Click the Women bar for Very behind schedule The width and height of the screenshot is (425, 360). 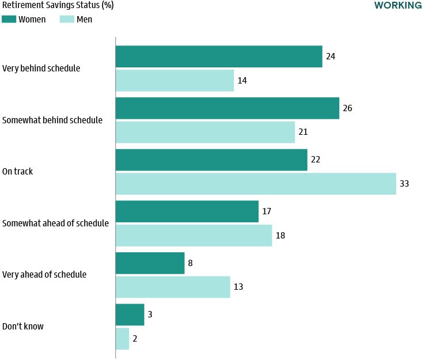coord(219,56)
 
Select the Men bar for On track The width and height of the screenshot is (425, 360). coord(256,184)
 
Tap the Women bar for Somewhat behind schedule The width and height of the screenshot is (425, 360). coord(227,108)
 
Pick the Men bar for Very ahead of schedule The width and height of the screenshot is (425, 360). coord(173,287)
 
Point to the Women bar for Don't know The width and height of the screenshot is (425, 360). coord(130,315)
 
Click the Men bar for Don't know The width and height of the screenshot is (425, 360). coord(123,339)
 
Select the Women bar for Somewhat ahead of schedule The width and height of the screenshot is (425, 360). coord(187,211)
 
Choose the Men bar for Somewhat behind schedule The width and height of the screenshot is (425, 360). coord(205,132)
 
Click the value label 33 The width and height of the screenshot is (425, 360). coord(405,184)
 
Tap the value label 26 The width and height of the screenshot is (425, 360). coord(348,108)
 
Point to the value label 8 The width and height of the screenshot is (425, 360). coord(191,263)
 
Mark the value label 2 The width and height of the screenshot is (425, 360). coord(135,339)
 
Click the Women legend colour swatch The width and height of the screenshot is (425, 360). coord(9,19)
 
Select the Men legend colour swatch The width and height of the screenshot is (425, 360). coord(67,19)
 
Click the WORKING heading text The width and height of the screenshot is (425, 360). coord(397,5)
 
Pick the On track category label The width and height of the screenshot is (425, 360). coord(17,172)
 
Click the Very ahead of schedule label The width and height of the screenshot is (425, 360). coord(44,275)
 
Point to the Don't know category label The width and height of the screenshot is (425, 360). coord(23,327)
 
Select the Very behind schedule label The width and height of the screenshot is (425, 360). coord(41,69)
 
